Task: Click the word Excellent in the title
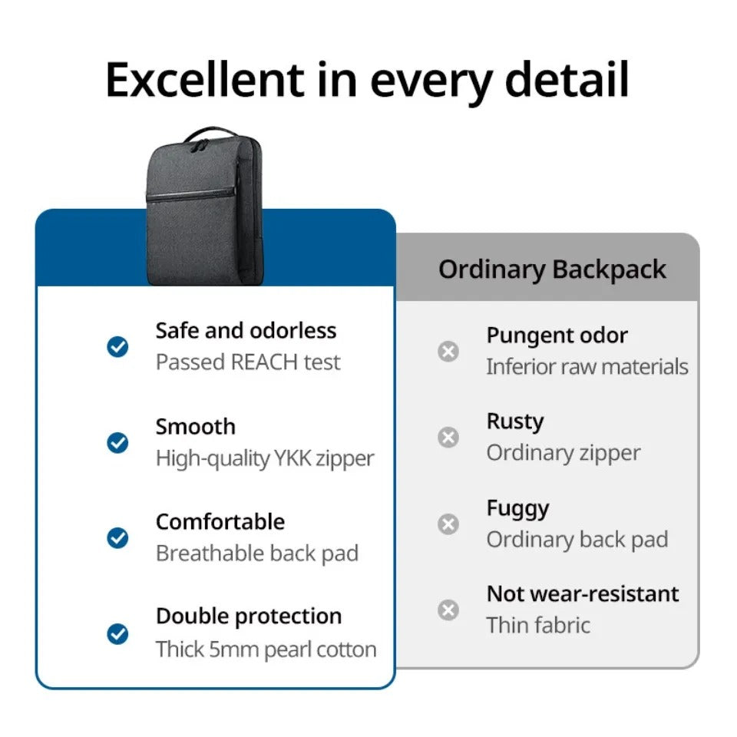(x=204, y=80)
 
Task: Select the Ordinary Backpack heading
(x=552, y=269)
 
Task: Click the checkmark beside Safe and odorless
(x=117, y=347)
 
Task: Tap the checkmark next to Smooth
(x=117, y=443)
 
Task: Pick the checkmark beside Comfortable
(x=117, y=538)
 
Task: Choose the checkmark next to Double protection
(x=117, y=634)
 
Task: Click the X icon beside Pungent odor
(x=448, y=352)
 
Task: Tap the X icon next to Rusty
(x=448, y=438)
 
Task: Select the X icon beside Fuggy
(x=448, y=524)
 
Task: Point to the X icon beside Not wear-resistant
(x=448, y=610)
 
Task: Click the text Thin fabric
(x=538, y=625)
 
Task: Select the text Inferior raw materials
(x=587, y=367)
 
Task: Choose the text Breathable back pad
(x=257, y=554)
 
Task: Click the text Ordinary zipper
(x=563, y=453)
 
